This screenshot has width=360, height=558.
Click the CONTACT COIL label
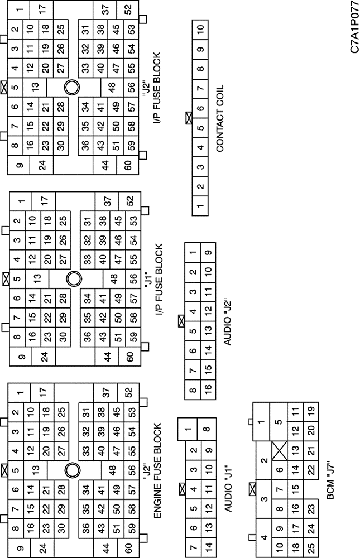click(x=220, y=118)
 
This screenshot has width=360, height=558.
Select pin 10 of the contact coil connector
click(x=200, y=29)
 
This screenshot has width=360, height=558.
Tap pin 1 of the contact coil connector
click(x=200, y=206)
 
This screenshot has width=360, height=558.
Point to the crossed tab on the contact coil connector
click(x=189, y=118)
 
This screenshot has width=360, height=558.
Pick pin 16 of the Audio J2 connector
click(x=208, y=387)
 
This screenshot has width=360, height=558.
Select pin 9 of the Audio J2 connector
click(x=208, y=252)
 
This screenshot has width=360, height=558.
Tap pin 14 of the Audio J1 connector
click(x=209, y=546)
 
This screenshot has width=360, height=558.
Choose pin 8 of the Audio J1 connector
click(x=209, y=429)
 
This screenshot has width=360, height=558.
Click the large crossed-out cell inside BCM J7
click(x=279, y=450)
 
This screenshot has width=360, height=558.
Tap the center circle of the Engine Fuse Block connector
click(x=73, y=470)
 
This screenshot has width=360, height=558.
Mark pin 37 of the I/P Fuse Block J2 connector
click(x=105, y=10)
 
